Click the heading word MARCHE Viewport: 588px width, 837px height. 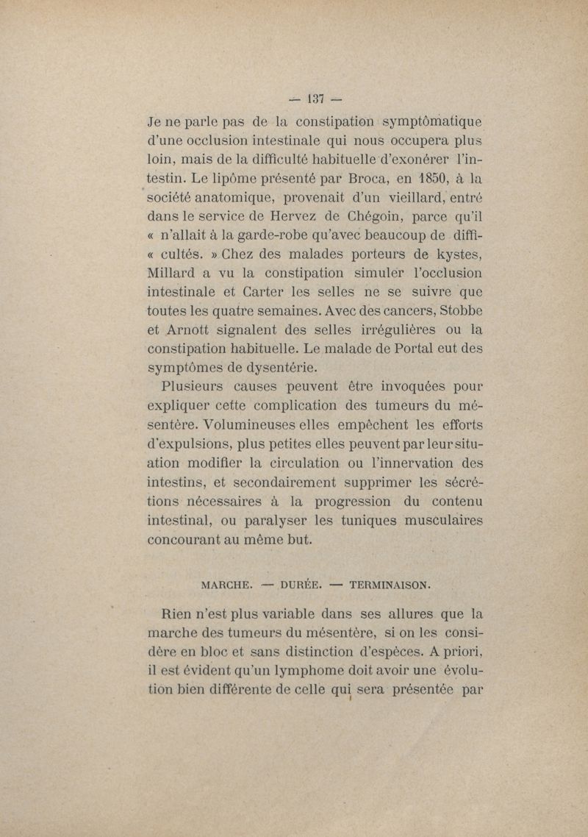click(x=227, y=586)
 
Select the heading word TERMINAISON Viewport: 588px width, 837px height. click(x=390, y=586)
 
